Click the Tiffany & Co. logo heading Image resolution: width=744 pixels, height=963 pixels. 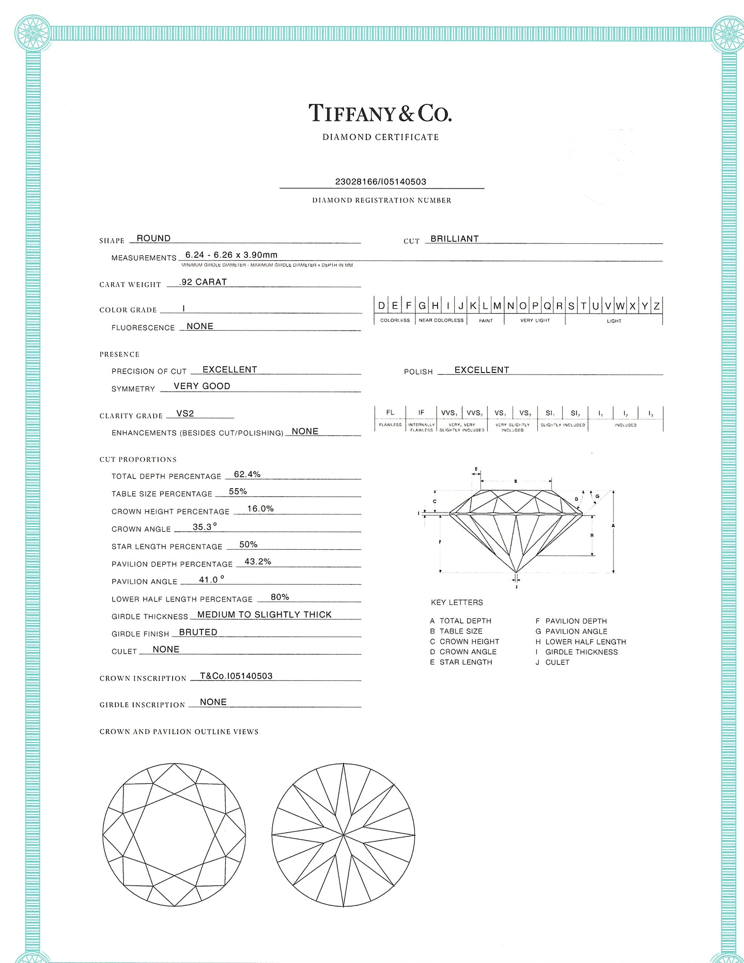tap(380, 113)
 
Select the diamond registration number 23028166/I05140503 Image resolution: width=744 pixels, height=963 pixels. tap(381, 182)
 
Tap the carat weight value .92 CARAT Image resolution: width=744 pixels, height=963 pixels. tap(203, 282)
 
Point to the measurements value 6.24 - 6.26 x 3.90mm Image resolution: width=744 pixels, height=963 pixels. tap(231, 255)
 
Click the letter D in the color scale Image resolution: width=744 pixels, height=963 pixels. tap(381, 306)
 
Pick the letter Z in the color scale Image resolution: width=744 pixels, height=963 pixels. tap(656, 306)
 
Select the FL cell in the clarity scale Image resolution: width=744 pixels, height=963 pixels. tap(390, 412)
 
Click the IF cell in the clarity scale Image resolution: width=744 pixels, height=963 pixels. tap(421, 412)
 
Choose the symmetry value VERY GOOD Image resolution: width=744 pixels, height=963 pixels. tap(202, 386)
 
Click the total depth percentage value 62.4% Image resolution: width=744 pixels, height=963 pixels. tap(247, 474)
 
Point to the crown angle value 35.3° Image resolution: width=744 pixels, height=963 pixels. tap(205, 527)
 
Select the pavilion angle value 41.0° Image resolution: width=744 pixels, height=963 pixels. tap(211, 580)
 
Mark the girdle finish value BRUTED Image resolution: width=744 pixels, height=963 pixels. tap(198, 632)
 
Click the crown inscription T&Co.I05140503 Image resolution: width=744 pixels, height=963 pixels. tap(236, 676)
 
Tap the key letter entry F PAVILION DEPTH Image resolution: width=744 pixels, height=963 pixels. tap(571, 621)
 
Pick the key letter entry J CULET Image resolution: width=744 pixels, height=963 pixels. tap(552, 662)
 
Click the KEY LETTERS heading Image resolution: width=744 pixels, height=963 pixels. tap(457, 602)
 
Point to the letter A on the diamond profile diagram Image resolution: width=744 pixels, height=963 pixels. tap(613, 525)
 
